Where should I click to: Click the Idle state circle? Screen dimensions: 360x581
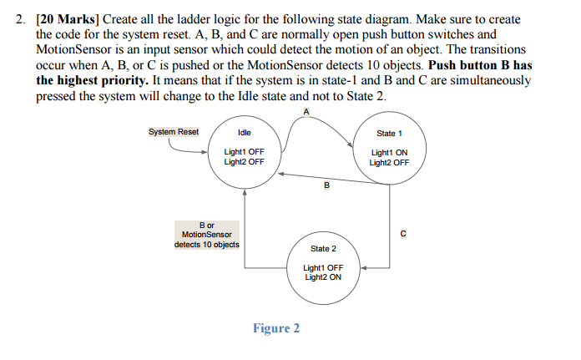pos(245,150)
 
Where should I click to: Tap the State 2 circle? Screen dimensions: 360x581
pos(323,266)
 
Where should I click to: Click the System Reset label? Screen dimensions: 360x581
pos(174,132)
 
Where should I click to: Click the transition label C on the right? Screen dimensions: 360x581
pos(403,234)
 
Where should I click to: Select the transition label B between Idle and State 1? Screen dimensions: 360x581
pos(326,185)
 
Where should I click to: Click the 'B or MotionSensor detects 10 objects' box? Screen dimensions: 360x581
pos(206,235)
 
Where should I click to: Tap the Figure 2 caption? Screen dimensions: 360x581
pos(276,328)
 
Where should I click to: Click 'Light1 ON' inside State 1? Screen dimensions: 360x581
pos(389,153)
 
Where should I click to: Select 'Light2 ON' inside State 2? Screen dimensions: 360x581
pos(323,277)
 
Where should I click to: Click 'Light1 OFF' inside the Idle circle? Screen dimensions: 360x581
pos(245,152)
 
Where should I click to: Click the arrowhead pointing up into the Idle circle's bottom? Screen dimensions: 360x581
pos(245,191)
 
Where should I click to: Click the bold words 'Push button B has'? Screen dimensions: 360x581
pos(480,64)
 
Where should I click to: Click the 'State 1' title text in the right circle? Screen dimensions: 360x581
pos(389,133)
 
